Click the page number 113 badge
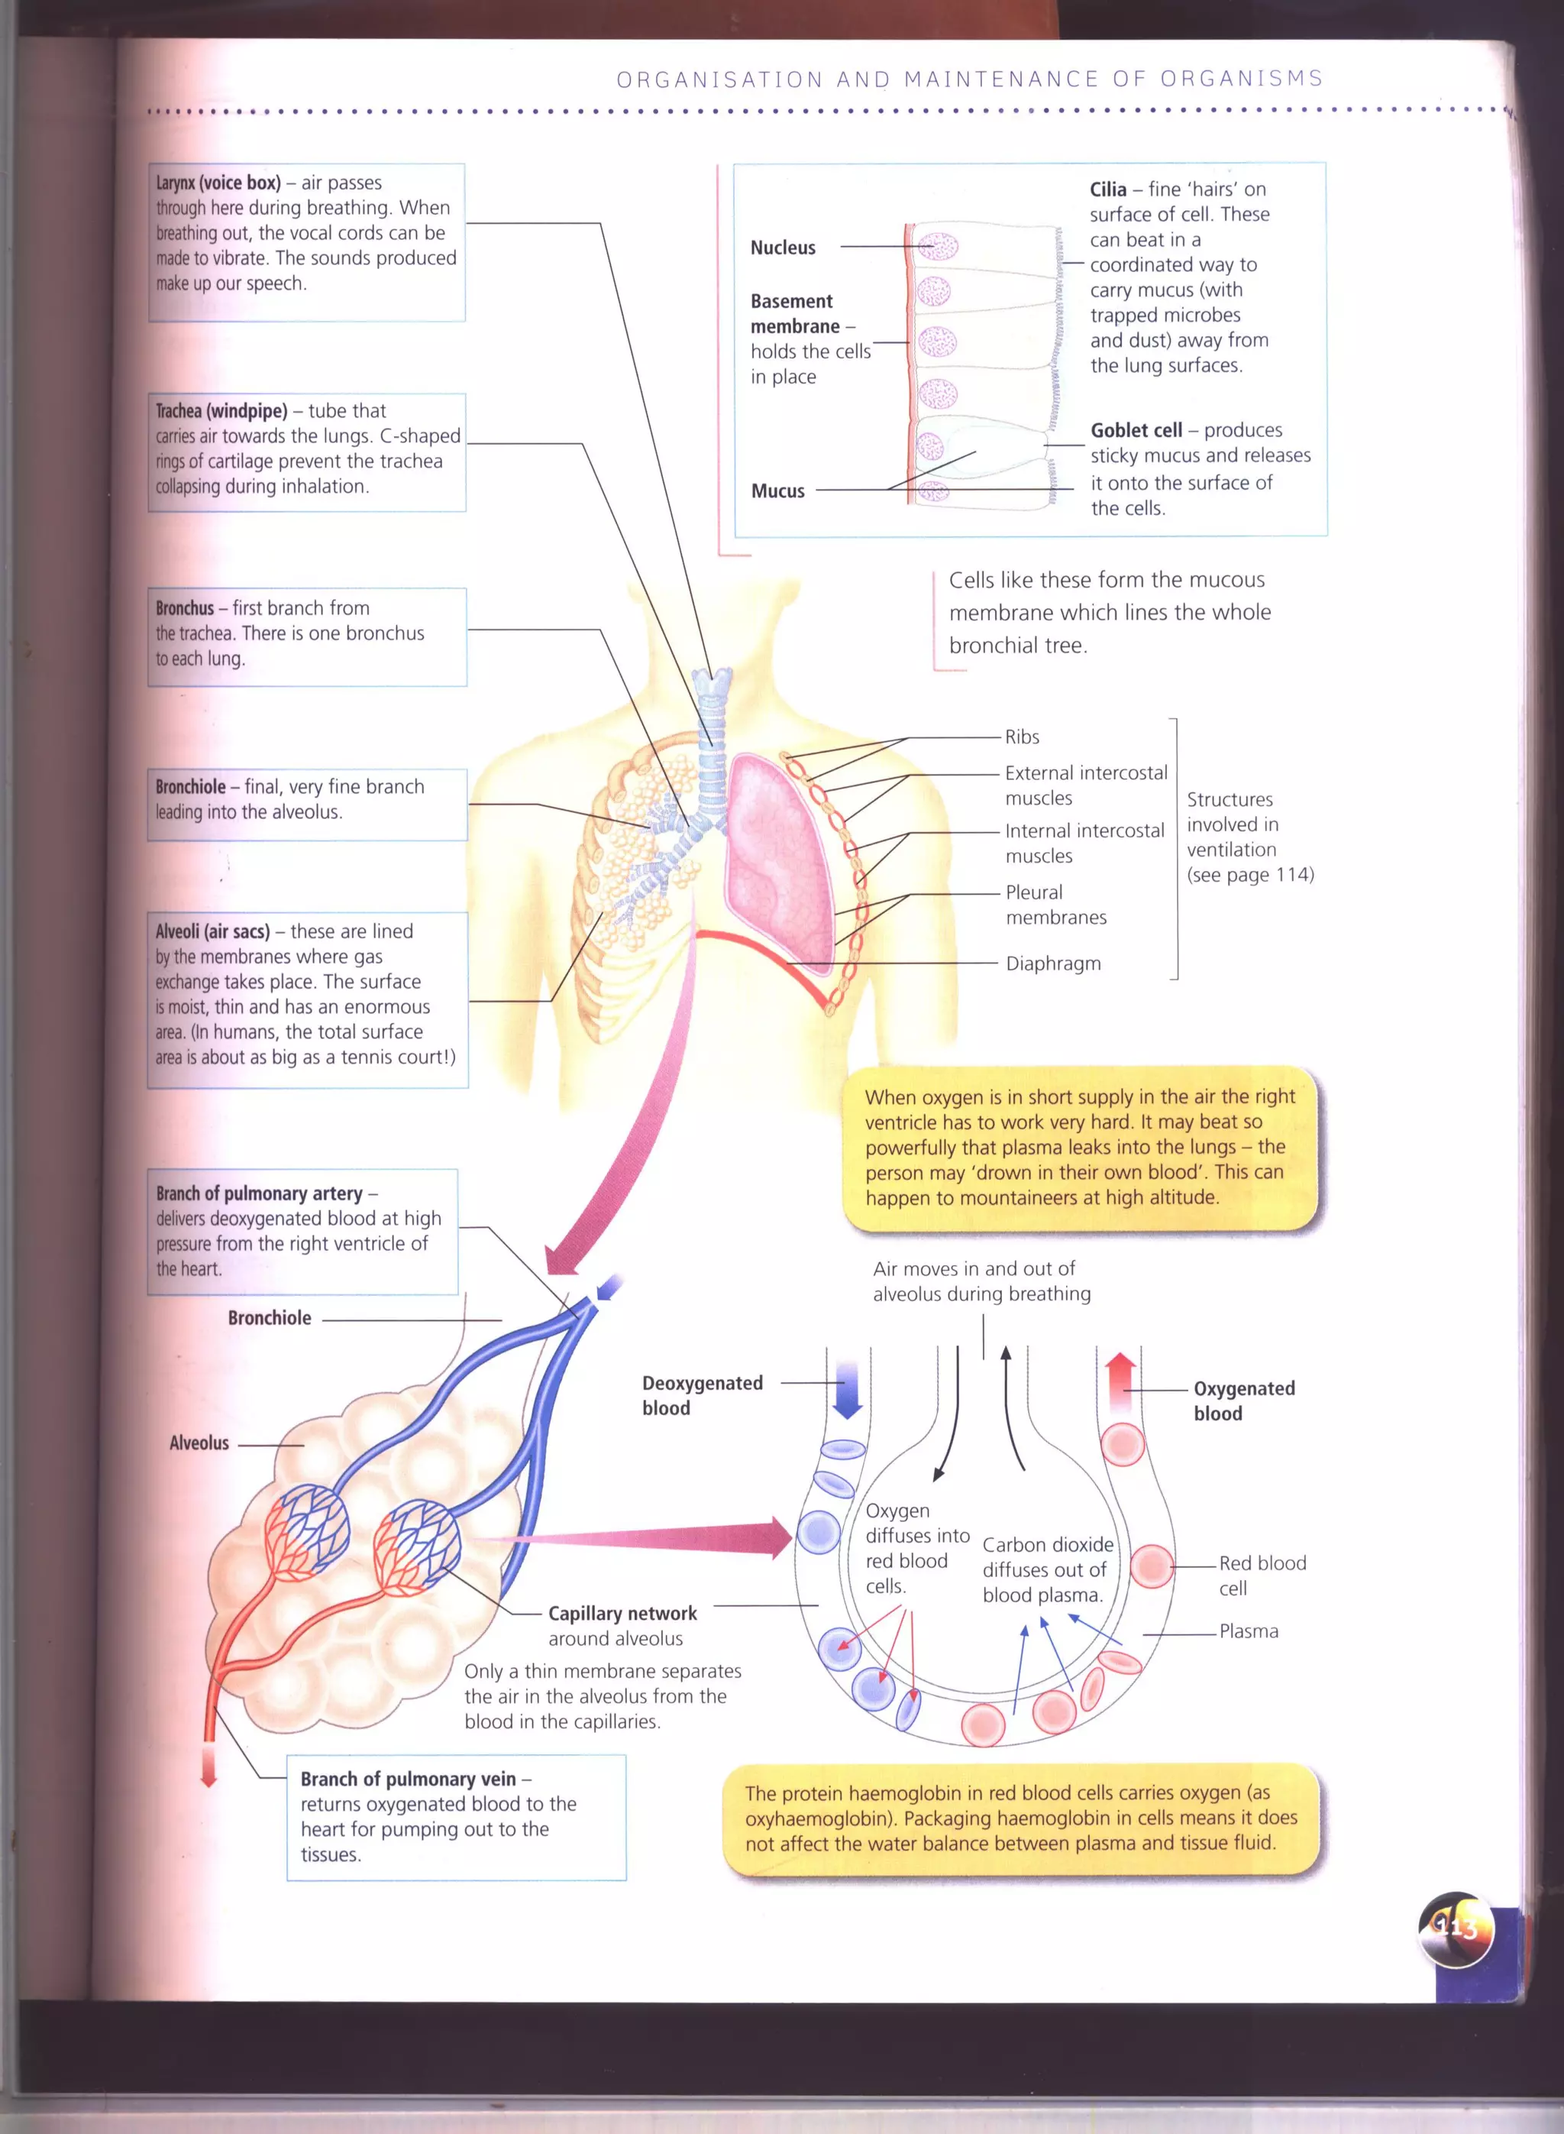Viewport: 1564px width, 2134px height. [x=1455, y=1928]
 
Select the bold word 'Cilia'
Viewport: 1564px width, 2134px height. [x=1107, y=189]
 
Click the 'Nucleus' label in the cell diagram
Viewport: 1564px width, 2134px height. [x=782, y=248]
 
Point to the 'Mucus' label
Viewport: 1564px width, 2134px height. [x=777, y=491]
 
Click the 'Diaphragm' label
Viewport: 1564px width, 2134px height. [x=1053, y=963]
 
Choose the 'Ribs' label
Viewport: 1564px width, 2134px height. [x=1022, y=737]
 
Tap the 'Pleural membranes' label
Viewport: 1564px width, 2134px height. [x=1055, y=905]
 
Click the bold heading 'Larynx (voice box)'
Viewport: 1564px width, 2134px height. [x=218, y=183]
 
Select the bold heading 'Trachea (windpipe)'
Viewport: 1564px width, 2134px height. [x=221, y=411]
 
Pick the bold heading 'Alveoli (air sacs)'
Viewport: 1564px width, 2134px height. [x=212, y=931]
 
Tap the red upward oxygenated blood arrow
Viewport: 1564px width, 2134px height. [x=1120, y=1381]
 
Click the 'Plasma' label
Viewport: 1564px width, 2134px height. [x=1248, y=1631]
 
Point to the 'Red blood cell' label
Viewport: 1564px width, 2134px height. [x=1261, y=1575]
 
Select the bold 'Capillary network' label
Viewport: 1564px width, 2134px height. [x=622, y=1613]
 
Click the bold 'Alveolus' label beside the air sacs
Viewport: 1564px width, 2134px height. [x=199, y=1443]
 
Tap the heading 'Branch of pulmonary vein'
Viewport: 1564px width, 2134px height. [x=408, y=1779]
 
